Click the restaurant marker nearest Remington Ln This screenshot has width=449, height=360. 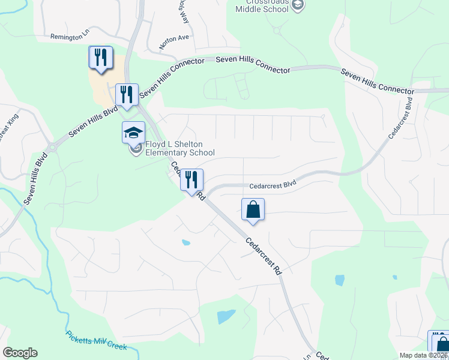[100, 58]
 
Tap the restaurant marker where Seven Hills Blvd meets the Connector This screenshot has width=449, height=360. [127, 95]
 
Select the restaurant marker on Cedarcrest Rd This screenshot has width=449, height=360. [192, 180]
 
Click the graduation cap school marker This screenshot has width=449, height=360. [134, 132]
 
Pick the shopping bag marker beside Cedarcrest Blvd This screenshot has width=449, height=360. [253, 210]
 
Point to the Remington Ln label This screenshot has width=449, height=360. [70, 37]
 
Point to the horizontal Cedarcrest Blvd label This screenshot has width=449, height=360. [273, 185]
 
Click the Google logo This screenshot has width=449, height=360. [20, 353]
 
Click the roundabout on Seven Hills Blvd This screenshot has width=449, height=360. [52, 147]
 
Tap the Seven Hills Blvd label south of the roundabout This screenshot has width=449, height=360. [34, 179]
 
